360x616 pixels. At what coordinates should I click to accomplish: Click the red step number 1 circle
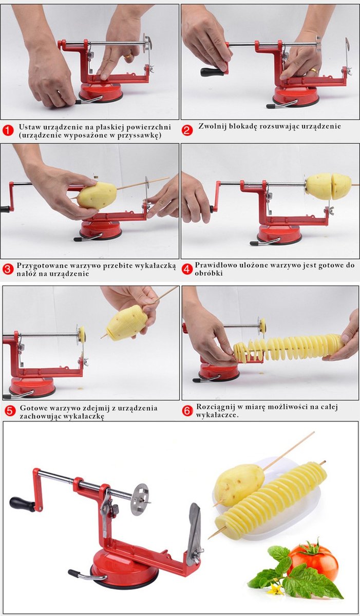click(8, 130)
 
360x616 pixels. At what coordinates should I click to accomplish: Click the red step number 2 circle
click(187, 130)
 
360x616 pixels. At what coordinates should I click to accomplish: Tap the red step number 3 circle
click(8, 269)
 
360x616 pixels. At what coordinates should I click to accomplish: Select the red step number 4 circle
click(187, 268)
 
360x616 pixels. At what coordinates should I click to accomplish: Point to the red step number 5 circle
click(10, 411)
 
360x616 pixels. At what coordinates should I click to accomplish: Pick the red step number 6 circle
click(188, 411)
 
